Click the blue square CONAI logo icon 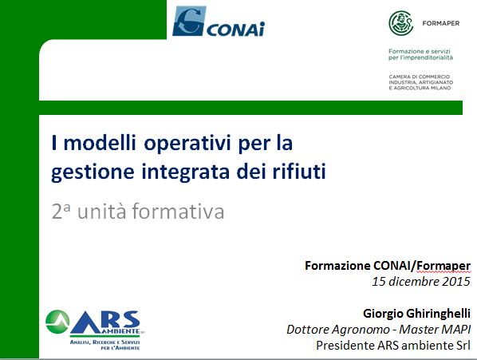[x=189, y=21]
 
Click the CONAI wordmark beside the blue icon [x=236, y=29]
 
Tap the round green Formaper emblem [x=401, y=23]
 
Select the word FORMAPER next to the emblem [x=441, y=23]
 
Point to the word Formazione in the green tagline [x=404, y=51]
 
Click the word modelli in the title [x=100, y=142]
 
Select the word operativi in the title [x=187, y=144]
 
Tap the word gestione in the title [x=93, y=172]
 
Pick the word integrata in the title [x=186, y=172]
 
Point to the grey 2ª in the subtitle [x=61, y=212]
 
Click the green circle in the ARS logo [x=57, y=322]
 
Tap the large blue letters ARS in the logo [x=105, y=322]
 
